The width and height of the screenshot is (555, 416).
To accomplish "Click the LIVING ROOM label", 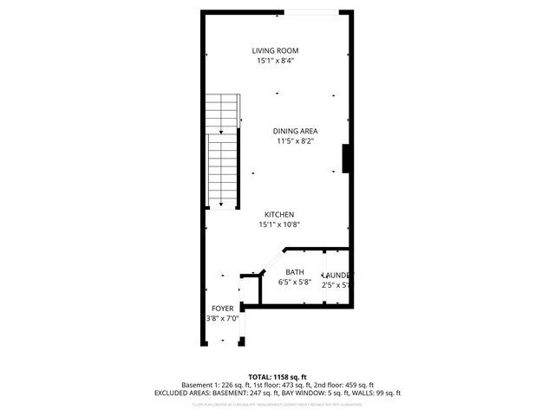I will (275, 50).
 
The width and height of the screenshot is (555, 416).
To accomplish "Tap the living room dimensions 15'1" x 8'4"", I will (275, 62).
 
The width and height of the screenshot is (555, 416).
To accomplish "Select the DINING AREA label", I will (296, 131).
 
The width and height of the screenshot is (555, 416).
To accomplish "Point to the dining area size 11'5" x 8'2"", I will (296, 141).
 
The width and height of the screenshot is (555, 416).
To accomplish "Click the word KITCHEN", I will (279, 214).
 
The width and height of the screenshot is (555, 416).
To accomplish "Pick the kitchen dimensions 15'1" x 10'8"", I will (279, 224).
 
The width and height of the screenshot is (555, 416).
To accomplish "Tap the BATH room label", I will (295, 272).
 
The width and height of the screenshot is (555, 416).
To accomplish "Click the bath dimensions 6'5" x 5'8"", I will (295, 283).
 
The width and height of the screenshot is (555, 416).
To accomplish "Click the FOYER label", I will (222, 308).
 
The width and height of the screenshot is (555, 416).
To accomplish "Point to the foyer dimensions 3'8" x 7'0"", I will (222, 318).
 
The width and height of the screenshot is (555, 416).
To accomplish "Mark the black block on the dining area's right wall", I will (346, 159).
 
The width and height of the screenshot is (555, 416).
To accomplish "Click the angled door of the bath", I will (271, 261).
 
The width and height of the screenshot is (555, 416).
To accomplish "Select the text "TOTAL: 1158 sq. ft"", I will (277, 377).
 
